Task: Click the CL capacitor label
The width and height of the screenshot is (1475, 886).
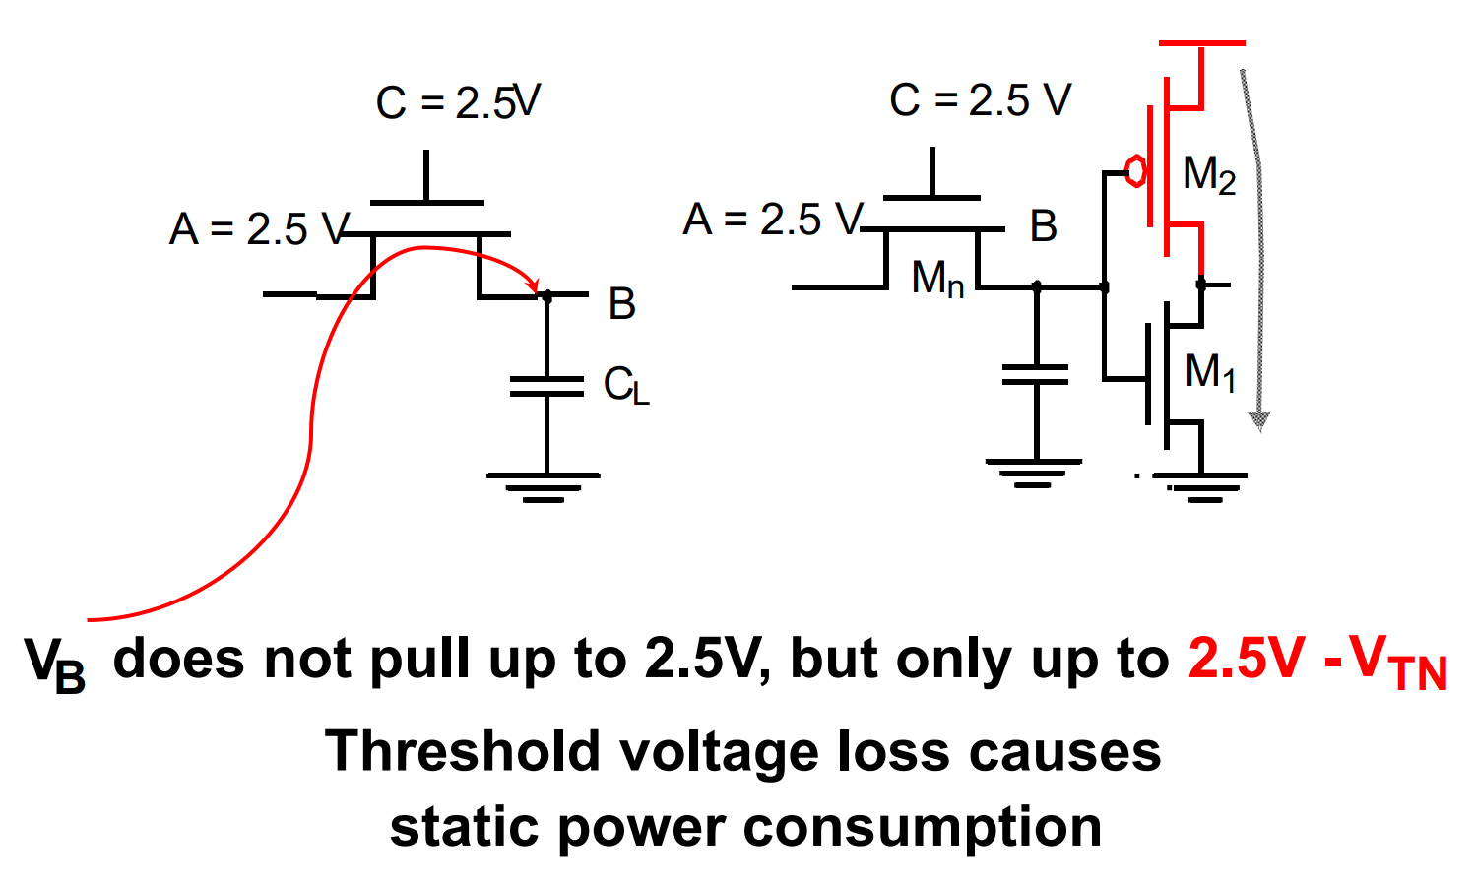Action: coord(626,386)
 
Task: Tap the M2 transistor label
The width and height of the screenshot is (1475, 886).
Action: coord(1209,175)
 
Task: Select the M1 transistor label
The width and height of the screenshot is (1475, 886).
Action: coord(1210,373)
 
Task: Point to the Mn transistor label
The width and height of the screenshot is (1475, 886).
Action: coord(937,280)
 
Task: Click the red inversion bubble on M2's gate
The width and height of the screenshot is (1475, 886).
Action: coord(1135,171)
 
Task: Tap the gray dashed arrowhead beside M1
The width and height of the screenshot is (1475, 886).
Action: coord(1258,421)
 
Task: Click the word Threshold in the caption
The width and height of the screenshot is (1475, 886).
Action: coord(462,752)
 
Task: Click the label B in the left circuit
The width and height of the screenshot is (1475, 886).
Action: coord(621,304)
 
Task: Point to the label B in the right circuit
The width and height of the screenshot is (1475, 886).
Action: coord(1043,226)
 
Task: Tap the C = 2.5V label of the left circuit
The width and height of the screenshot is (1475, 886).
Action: coord(459,102)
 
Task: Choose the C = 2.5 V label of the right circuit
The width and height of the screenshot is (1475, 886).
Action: coord(980,100)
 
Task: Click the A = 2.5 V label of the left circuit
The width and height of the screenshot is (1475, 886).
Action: coord(259,229)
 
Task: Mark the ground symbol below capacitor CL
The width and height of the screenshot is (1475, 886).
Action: coord(544,486)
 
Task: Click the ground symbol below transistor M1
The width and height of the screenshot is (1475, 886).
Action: coord(1201,485)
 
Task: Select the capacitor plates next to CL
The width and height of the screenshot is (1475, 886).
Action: coord(546,386)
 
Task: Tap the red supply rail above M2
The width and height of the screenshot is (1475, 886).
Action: coord(1201,44)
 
